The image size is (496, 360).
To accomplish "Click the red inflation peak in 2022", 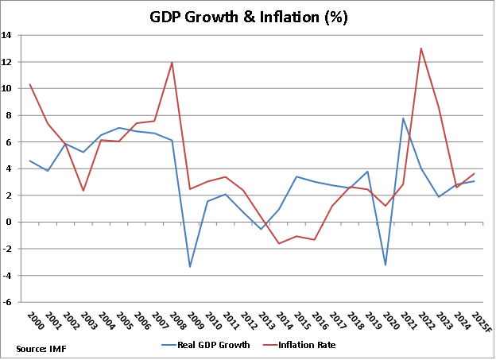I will click(420, 48).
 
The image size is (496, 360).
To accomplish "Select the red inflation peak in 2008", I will click(172, 63).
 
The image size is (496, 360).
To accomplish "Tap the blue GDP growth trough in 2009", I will click(190, 267).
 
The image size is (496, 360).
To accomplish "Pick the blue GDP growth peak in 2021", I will click(403, 118).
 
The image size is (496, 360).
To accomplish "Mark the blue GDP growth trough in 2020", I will click(386, 265).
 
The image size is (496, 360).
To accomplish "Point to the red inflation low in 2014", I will click(279, 243).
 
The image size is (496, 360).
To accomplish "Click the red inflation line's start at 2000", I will click(30, 84).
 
